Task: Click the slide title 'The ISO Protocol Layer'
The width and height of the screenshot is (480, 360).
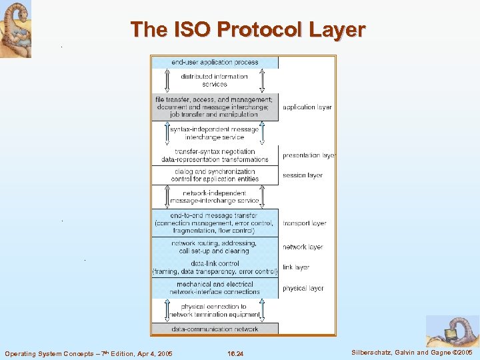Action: point(248,30)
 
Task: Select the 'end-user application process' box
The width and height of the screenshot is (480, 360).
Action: point(215,62)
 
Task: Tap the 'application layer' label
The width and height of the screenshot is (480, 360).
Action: point(307,107)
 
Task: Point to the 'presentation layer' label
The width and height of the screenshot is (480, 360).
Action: point(308,155)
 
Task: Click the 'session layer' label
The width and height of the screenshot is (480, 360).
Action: point(303,175)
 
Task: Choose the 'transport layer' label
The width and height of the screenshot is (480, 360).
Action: point(305,223)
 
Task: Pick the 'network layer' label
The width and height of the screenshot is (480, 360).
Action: point(303,247)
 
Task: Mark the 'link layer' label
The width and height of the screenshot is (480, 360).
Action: point(296,267)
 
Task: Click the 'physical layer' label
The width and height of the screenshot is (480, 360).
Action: point(303,288)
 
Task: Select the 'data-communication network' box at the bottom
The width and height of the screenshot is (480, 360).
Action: point(215,329)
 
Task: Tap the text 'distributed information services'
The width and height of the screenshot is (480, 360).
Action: point(215,80)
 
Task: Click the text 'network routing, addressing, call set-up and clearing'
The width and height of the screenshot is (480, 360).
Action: point(214,247)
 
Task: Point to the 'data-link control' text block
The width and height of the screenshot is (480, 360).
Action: point(215,267)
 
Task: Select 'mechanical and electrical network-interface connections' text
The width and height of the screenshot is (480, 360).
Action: point(215,288)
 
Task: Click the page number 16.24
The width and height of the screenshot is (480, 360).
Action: point(235,353)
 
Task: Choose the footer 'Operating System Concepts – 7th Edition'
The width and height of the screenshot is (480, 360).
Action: point(88,353)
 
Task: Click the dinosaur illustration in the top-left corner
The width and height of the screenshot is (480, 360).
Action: point(15,29)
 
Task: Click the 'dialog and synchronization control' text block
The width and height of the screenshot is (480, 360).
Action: point(214,175)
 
